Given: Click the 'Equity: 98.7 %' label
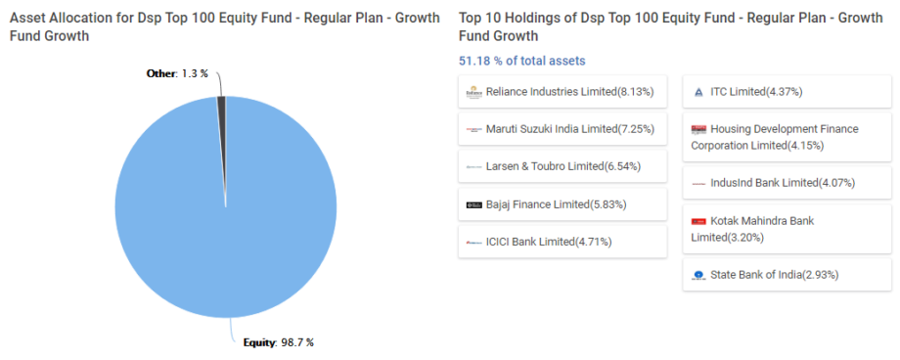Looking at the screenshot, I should [x=278, y=342].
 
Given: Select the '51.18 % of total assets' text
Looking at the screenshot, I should [x=521, y=61].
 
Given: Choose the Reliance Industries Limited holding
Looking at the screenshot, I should [x=562, y=92].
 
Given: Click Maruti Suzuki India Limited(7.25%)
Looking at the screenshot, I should [x=562, y=129].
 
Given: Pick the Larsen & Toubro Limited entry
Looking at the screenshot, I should [x=562, y=166].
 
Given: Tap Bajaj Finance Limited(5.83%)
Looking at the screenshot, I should [x=562, y=204].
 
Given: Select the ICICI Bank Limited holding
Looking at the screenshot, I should [x=562, y=242].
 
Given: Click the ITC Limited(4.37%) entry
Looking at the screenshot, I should [x=787, y=92].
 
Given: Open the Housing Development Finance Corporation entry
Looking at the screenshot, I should [x=787, y=137].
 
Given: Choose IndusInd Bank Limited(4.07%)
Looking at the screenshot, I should [x=787, y=183].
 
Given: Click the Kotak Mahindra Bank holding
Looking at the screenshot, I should [x=787, y=229].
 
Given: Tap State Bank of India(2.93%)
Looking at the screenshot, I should [x=787, y=275].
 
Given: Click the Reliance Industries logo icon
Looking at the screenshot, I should [x=473, y=92].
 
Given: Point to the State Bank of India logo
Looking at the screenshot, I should [x=698, y=276].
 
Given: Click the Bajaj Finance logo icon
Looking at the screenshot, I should [x=473, y=204].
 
